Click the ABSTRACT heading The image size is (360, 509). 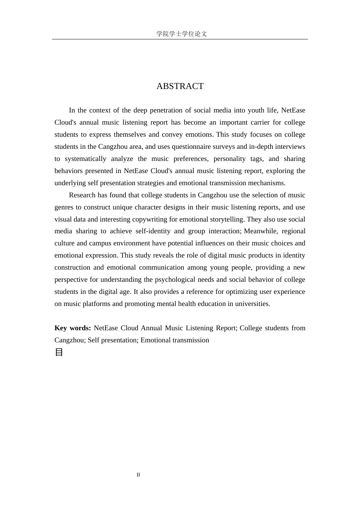coord(180,86)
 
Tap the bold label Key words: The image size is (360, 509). coord(73,328)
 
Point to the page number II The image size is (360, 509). coord(138,475)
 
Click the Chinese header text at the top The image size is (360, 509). coord(182,34)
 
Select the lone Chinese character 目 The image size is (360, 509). coord(59,352)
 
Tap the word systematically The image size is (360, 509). coord(86,159)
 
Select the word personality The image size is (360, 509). coord(229,159)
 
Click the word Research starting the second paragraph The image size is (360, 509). coord(82,195)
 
